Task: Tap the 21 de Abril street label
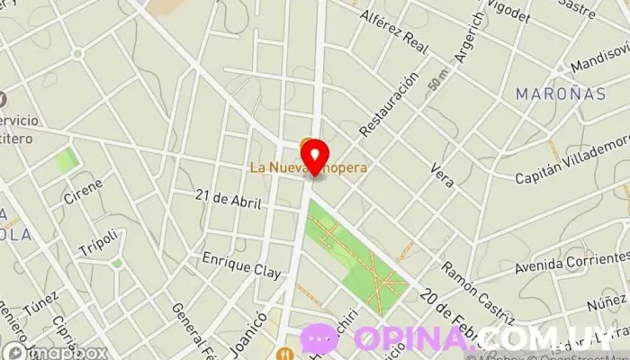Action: point(228,200)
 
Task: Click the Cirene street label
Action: point(83,191)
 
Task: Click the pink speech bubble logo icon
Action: point(319,339)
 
